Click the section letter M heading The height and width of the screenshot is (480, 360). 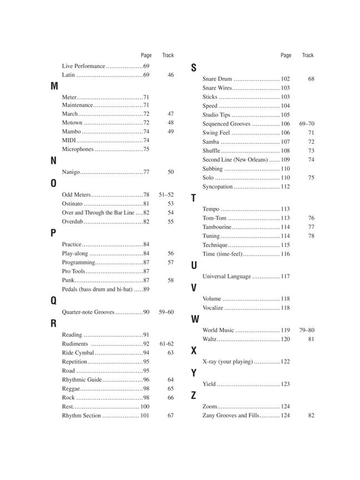[54, 86]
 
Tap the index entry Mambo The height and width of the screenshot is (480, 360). [72, 132]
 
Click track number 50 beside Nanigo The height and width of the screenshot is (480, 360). [171, 172]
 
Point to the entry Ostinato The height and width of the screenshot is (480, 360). [73, 204]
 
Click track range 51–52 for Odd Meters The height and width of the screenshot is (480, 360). [166, 195]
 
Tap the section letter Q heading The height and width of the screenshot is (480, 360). [54, 301]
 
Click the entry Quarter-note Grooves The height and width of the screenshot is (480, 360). [88, 312]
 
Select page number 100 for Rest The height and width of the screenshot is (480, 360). [144, 407]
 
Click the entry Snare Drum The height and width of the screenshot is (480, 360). [217, 79]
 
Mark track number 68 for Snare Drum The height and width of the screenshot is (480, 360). [311, 79]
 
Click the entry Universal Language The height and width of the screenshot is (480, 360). [227, 277]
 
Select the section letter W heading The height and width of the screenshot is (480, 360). [195, 319]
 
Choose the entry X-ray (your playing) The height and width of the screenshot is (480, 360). [227, 362]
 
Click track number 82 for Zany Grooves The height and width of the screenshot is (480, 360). [311, 416]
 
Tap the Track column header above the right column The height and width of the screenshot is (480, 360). [308, 55]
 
